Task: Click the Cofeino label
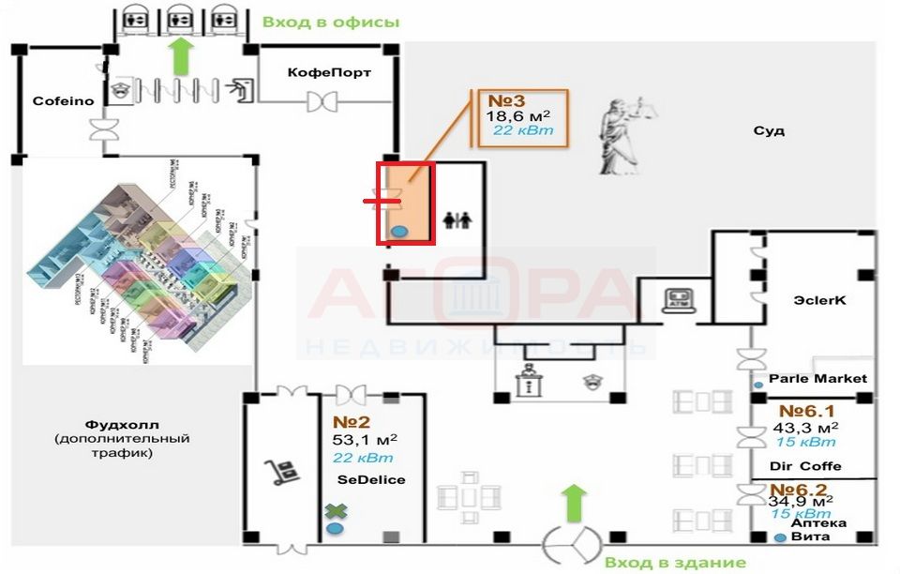(64, 100)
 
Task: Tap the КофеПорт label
(329, 71)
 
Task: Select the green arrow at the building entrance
(575, 503)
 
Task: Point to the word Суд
(769, 131)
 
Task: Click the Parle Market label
(817, 379)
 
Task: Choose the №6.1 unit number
(806, 411)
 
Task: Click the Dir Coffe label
(805, 466)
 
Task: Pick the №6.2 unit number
(799, 490)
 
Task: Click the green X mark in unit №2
(335, 511)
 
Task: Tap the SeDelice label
(372, 479)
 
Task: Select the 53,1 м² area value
(365, 438)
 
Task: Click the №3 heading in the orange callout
(507, 100)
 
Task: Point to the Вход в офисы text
(331, 22)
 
